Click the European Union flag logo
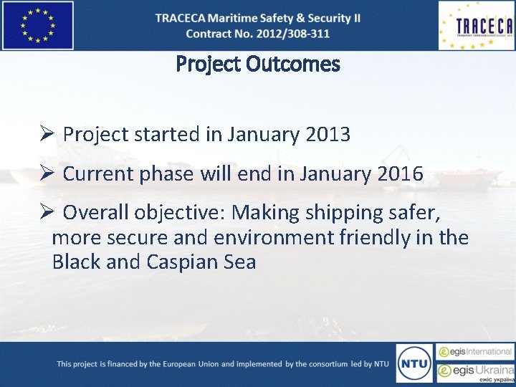click(x=37, y=25)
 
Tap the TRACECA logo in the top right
click(x=476, y=26)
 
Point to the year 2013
click(x=327, y=134)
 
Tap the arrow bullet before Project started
click(x=47, y=134)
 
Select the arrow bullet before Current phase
click(x=47, y=173)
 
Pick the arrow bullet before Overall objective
click(x=47, y=213)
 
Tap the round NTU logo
click(x=414, y=363)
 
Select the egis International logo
click(x=475, y=352)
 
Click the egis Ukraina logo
click(x=475, y=372)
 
